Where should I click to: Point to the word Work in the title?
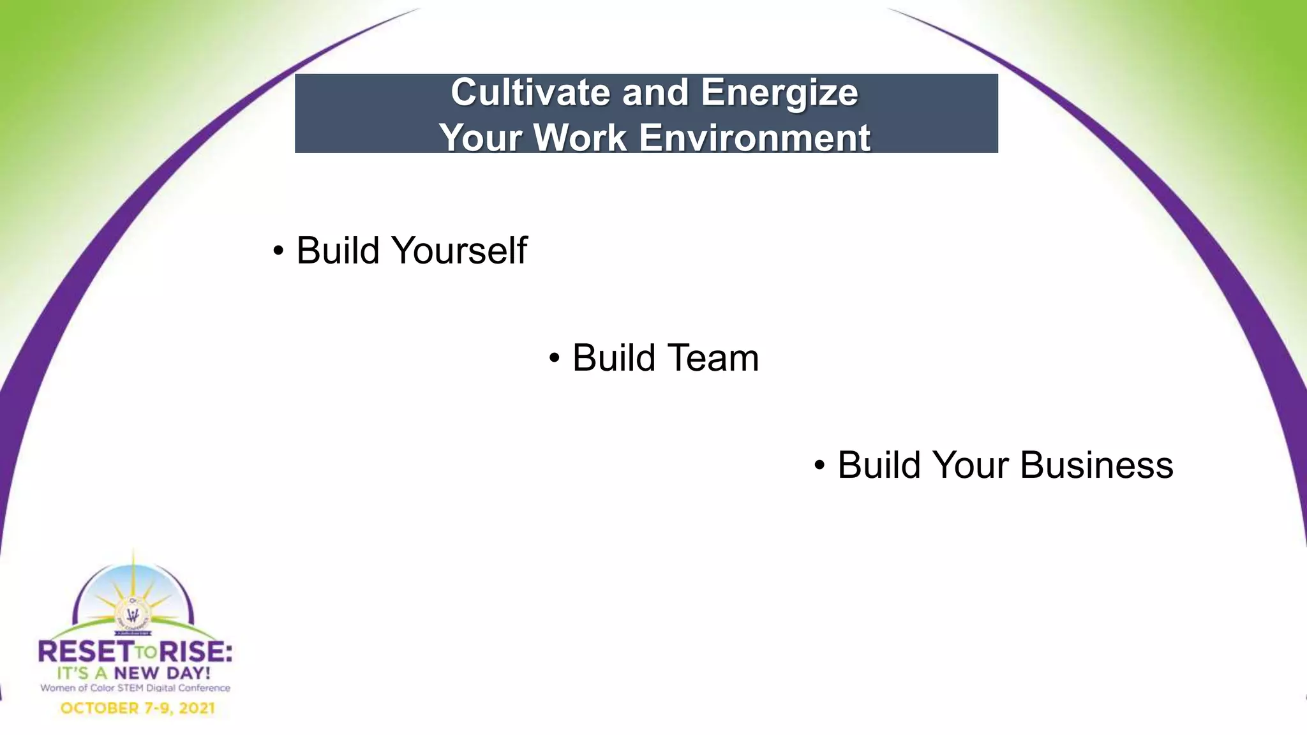tap(580, 138)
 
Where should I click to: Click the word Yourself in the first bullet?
tap(460, 250)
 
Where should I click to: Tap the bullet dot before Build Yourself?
tap(278, 251)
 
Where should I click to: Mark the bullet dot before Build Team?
tap(554, 359)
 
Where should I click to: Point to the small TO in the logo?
tap(146, 653)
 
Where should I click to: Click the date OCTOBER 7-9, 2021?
tap(137, 708)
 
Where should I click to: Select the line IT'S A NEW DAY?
tap(133, 673)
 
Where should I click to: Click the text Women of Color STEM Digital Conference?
tap(135, 688)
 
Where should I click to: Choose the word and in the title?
tap(655, 93)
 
